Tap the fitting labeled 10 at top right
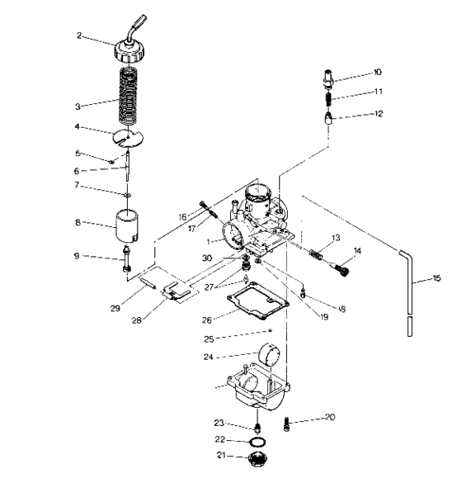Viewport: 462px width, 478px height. tap(328, 80)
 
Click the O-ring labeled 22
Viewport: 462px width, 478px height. tap(258, 441)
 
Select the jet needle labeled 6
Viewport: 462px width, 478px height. tap(131, 172)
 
